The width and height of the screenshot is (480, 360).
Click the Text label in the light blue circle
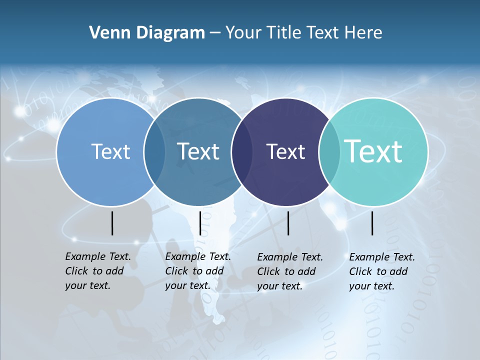coord(110,151)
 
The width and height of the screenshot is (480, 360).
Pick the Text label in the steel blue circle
coord(198,151)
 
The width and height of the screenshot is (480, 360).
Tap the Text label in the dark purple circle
coord(285,151)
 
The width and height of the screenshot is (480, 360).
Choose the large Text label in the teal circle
coord(373,151)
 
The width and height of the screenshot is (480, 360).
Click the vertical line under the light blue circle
coord(112,223)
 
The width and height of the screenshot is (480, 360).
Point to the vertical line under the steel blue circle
coord(200,223)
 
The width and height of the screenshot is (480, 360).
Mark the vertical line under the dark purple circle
coord(288,223)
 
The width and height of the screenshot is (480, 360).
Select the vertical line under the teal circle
coord(372,223)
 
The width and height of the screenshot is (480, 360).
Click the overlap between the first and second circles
coord(154,151)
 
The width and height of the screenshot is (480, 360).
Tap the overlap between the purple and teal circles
coord(329,151)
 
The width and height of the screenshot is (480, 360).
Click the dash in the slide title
coord(215,33)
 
